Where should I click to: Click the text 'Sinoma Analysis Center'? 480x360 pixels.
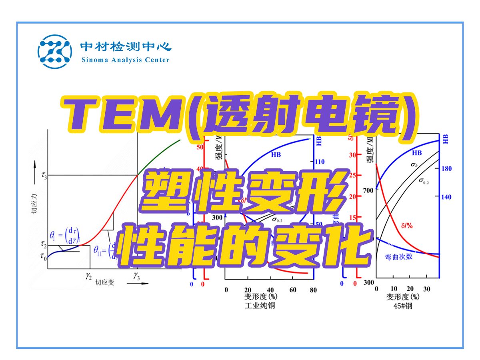coord(125,60)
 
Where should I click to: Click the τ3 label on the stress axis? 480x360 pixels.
coord(44,175)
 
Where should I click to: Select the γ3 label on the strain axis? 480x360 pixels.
coord(137,276)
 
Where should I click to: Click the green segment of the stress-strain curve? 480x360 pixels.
coord(160,154)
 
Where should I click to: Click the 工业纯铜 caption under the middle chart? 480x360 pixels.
coord(260,306)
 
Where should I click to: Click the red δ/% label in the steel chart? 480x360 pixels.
coord(406,226)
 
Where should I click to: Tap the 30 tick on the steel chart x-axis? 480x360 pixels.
coord(426,289)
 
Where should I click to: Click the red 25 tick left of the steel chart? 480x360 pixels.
coord(353,175)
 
